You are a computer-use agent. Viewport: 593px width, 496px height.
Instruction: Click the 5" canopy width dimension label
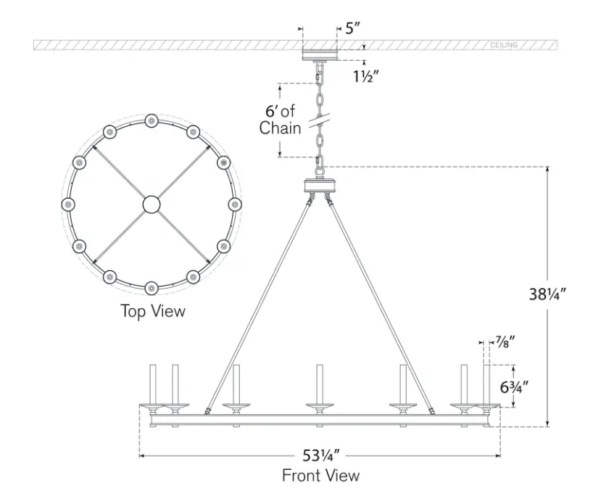tap(352, 28)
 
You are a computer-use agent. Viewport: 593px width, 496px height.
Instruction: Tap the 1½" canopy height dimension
tap(365, 76)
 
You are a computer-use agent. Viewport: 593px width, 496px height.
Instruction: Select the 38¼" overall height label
tap(547, 294)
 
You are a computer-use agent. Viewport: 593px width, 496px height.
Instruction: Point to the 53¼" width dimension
tap(321, 455)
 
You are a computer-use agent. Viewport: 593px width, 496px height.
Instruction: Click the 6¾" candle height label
tap(514, 387)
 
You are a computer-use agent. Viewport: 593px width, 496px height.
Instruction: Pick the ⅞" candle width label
tap(505, 342)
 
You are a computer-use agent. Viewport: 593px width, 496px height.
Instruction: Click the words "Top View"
tap(153, 311)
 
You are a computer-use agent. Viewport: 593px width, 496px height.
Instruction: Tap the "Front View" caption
tap(320, 475)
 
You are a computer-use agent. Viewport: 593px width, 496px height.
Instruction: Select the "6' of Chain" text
tap(280, 120)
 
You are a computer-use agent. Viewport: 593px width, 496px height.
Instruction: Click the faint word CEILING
tap(504, 45)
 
